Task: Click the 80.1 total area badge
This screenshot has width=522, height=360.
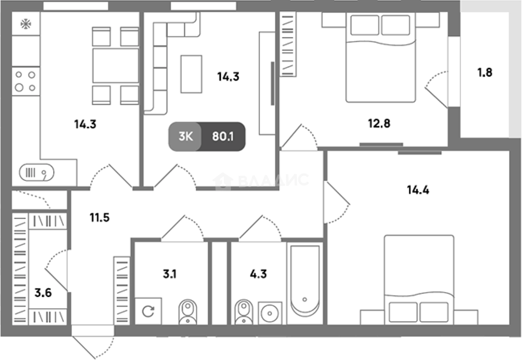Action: (x=223, y=137)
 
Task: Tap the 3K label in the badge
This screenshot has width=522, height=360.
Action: (x=186, y=137)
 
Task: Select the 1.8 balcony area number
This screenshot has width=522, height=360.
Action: (x=485, y=72)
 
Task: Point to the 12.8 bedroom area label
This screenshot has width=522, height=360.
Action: (x=379, y=123)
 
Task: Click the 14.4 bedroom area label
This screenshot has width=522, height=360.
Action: (x=418, y=190)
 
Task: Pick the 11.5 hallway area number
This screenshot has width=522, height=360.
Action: (x=99, y=217)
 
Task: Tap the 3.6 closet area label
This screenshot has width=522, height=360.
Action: (x=43, y=293)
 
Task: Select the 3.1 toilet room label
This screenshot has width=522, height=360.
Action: (x=170, y=274)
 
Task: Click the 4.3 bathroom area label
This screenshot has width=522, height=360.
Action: (x=258, y=274)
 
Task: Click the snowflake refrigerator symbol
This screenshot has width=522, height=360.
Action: (x=26, y=24)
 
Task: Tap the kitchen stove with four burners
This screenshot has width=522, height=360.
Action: (x=26, y=81)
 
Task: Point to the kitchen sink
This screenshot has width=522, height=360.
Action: (x=37, y=172)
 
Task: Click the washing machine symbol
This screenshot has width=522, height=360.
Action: (x=148, y=311)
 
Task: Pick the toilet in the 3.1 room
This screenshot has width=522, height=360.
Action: (x=188, y=312)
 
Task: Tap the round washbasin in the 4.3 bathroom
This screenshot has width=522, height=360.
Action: (x=270, y=313)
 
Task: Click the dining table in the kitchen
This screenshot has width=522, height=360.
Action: (x=116, y=65)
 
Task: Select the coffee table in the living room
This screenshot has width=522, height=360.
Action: (x=191, y=74)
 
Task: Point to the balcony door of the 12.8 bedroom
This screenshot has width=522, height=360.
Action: (x=436, y=90)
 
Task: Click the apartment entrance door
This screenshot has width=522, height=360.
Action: (x=93, y=342)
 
